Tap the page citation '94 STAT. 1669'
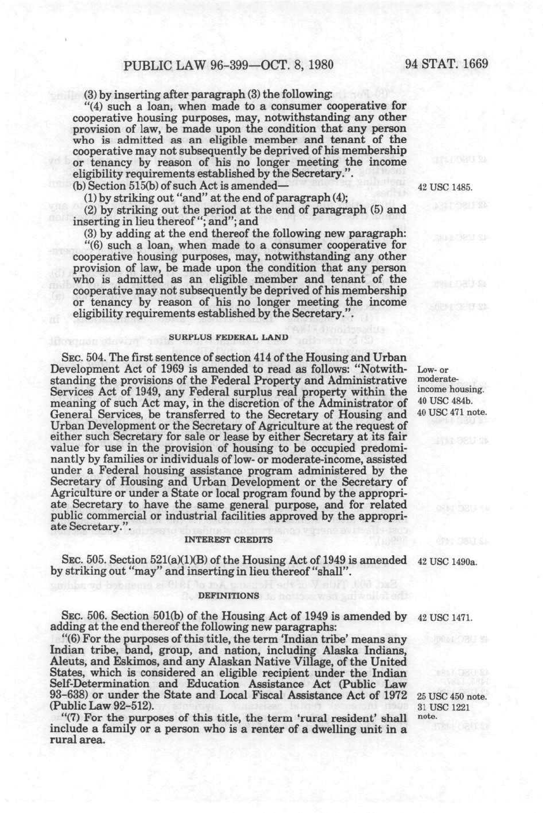coord(447,64)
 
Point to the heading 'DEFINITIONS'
coord(228,595)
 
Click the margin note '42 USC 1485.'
coord(445,187)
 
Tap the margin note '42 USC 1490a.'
coord(447,561)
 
